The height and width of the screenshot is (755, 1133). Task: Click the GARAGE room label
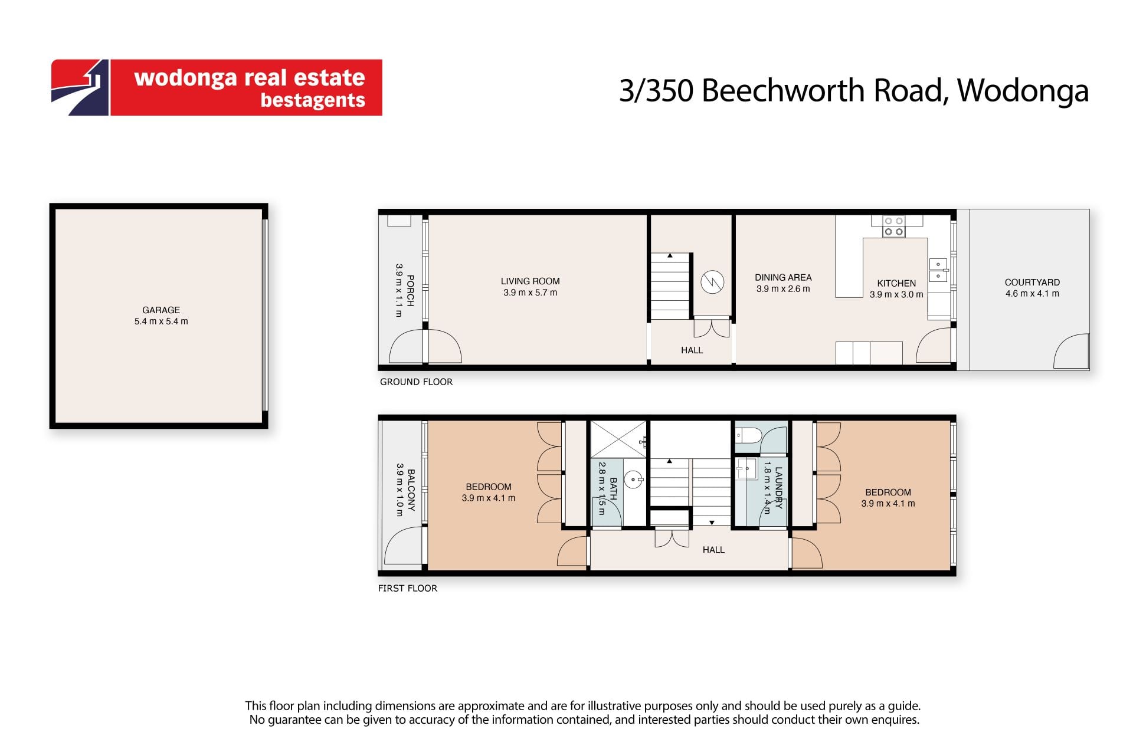(x=161, y=310)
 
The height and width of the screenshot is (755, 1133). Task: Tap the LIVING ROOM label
(x=531, y=281)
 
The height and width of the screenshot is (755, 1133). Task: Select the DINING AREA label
(x=783, y=277)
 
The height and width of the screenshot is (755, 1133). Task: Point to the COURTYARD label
(x=1032, y=283)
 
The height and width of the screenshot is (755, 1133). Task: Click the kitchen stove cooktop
(x=894, y=226)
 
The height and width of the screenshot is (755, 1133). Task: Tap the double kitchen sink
(x=938, y=270)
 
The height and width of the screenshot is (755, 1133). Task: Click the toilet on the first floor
(x=748, y=436)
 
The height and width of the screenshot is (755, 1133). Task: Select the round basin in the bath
(x=633, y=479)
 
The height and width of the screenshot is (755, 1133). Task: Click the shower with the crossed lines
(x=618, y=439)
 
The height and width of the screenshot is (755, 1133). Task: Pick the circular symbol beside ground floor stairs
(x=712, y=281)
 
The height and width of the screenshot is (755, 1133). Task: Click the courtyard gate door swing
(x=1072, y=352)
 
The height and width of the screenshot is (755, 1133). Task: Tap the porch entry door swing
(x=425, y=346)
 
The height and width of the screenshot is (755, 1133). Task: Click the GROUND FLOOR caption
(x=416, y=382)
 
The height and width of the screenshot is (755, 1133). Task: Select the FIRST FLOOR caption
(x=408, y=588)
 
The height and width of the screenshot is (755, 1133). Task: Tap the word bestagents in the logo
(x=313, y=100)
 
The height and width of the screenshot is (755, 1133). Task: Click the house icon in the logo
(x=80, y=87)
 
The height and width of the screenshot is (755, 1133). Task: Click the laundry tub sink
(x=746, y=469)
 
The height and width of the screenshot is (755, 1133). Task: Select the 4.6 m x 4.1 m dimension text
(x=1032, y=294)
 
